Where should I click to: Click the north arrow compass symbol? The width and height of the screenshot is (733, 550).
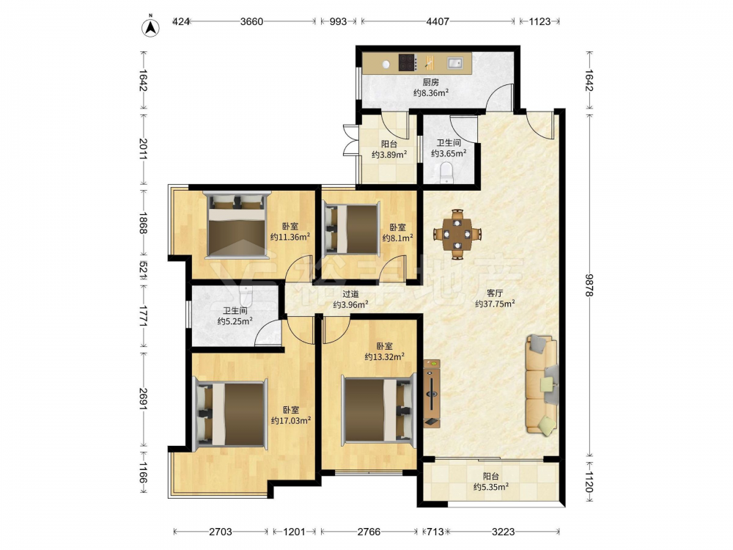(150, 26)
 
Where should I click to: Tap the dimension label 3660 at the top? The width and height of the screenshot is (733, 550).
(251, 21)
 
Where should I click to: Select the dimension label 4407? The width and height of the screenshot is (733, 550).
(438, 21)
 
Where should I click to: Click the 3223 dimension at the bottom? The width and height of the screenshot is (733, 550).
(504, 532)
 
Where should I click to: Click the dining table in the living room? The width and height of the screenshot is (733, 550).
(457, 234)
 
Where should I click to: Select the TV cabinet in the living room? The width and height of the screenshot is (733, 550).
(432, 393)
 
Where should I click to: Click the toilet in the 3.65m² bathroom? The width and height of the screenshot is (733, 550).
(447, 172)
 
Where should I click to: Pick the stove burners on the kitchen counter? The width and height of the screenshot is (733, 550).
(408, 62)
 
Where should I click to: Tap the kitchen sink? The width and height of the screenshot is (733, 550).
(455, 62)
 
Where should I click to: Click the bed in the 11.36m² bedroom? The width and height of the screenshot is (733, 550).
(237, 225)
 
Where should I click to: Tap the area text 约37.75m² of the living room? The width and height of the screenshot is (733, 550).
(495, 304)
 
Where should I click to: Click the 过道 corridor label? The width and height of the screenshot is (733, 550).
(350, 294)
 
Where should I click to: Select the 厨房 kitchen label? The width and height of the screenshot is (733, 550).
(431, 82)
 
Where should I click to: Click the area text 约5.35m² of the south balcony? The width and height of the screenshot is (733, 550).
(491, 487)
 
